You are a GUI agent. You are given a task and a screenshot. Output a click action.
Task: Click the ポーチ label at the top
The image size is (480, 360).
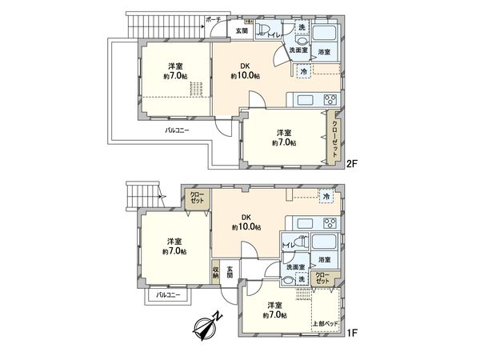tap(213, 18)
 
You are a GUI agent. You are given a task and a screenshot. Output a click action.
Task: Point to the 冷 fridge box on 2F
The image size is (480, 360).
tap(303, 72)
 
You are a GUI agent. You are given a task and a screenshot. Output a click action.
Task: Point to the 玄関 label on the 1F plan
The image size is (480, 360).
tap(230, 273)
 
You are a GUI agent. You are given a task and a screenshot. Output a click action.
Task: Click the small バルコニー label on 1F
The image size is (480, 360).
tap(167, 295)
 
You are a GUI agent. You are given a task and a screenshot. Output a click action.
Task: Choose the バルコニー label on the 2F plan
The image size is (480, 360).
tap(177, 130)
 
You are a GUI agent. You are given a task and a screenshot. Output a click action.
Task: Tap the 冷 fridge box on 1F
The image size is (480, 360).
tap(326, 196)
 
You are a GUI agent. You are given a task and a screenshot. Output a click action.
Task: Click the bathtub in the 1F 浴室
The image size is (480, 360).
tap(324, 242)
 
